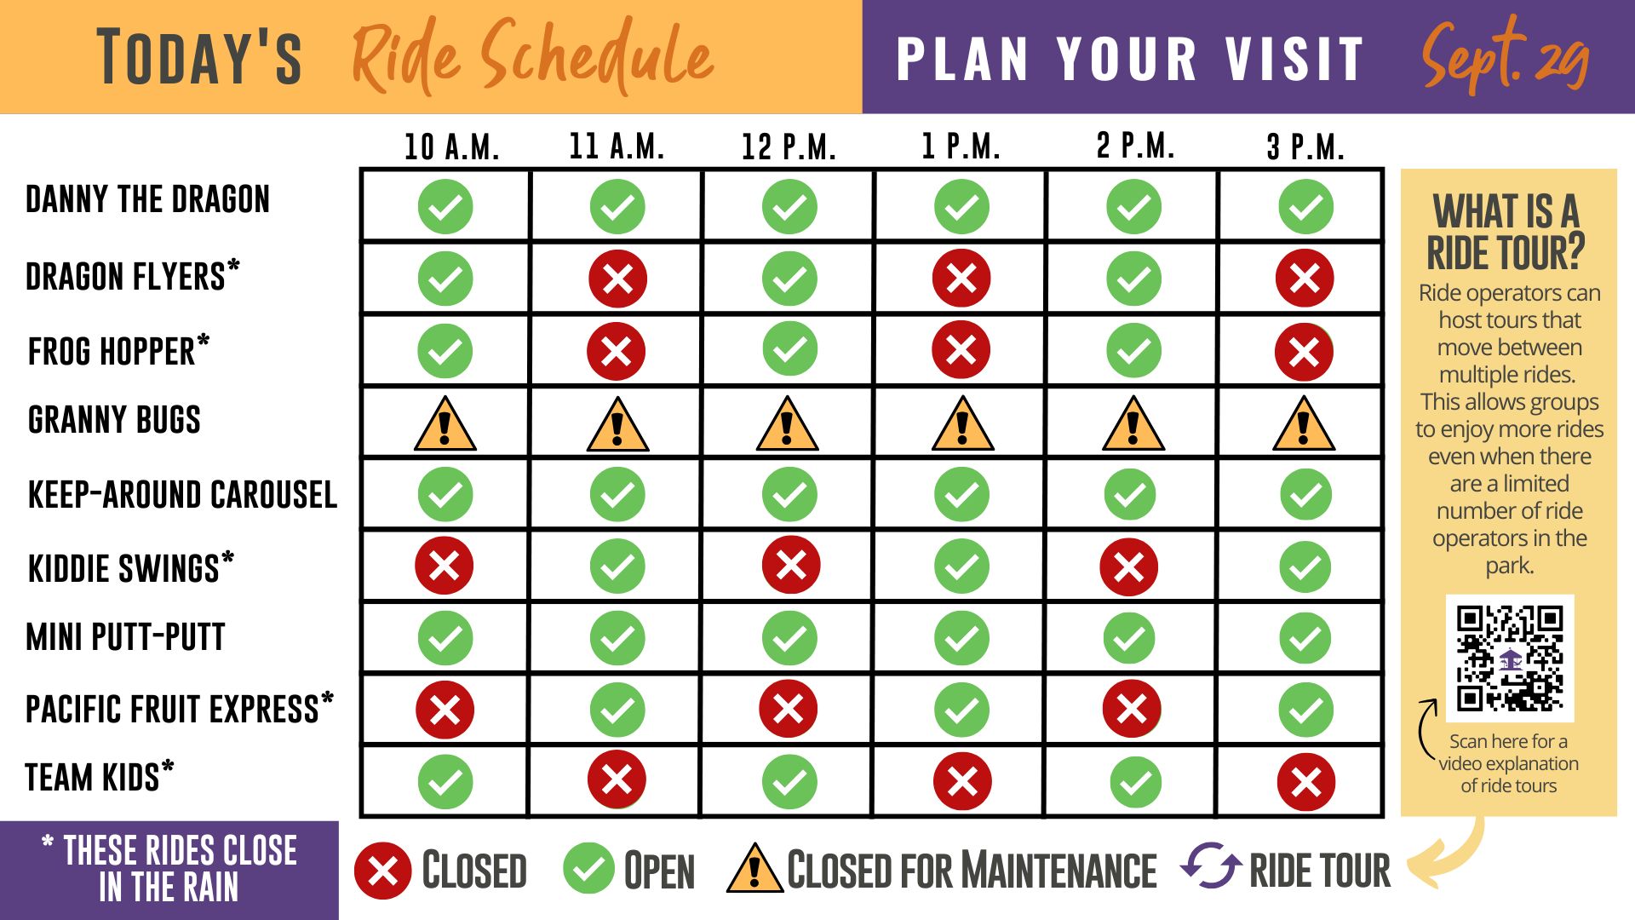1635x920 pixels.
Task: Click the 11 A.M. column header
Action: coord(617,147)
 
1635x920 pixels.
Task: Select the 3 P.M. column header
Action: coord(1305,147)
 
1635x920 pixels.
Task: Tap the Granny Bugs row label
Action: coord(114,420)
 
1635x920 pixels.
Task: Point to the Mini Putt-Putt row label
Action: coord(126,637)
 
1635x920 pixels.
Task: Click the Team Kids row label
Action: coord(100,777)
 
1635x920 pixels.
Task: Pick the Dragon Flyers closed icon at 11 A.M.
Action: coord(617,279)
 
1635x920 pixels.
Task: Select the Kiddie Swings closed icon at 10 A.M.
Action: coord(445,566)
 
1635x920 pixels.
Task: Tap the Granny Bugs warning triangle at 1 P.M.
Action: coord(962,423)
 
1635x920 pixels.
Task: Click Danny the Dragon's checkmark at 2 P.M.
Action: coord(1133,207)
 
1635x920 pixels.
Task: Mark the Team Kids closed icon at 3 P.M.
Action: coord(1306,782)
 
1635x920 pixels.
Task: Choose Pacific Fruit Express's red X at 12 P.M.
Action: coord(789,709)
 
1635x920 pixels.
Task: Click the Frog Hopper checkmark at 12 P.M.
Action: coord(789,349)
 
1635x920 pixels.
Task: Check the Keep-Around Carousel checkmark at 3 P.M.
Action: coord(1305,494)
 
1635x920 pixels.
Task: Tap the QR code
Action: coord(1510,658)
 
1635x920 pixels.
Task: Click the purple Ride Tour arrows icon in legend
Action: coord(1211,865)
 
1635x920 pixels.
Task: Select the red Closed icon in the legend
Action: coord(383,871)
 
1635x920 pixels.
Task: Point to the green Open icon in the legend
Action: coord(588,869)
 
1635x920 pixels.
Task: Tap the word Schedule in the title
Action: coord(598,55)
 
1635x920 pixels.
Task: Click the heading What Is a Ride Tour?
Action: coord(1506,232)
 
